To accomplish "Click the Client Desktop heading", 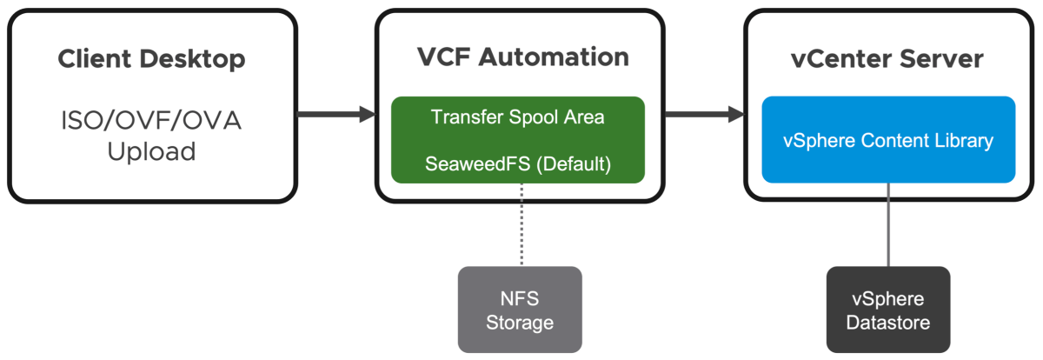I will [x=151, y=59].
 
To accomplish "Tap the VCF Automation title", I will [x=521, y=57].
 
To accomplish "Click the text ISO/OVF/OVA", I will [x=151, y=120].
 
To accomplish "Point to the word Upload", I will [x=151, y=151].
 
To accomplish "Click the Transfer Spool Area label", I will [x=517, y=117].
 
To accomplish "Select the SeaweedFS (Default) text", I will [x=517, y=163].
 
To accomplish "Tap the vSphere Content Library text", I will [x=888, y=140].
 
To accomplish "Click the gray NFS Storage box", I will [x=520, y=310].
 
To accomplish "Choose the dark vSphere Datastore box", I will [x=888, y=310].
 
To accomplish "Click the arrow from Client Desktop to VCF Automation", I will [x=335, y=113].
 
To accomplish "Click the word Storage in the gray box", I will [x=520, y=323].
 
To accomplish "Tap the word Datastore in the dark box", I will [x=888, y=323].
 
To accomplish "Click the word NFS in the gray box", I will [x=521, y=299].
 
